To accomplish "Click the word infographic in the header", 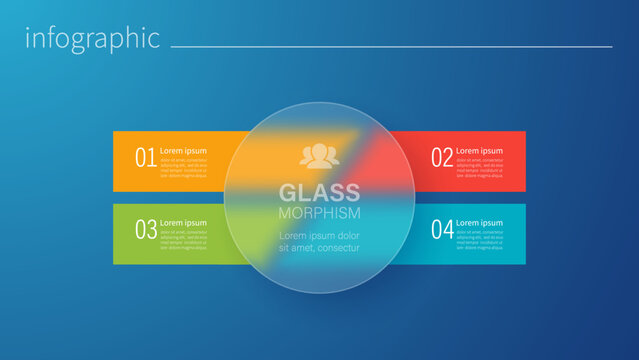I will click(x=92, y=39).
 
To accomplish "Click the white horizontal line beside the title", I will click(x=391, y=46).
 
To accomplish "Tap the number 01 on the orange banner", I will click(x=145, y=158).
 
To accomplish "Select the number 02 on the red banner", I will click(x=441, y=158).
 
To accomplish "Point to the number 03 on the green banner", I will click(x=145, y=230).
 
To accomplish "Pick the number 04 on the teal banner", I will click(x=441, y=230).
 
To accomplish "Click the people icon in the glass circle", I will click(x=319, y=155).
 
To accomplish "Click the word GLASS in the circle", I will click(x=319, y=192).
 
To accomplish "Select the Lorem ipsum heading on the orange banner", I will click(x=183, y=151).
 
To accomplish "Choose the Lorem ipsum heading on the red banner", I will click(x=479, y=151).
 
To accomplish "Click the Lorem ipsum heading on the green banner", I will click(x=183, y=223).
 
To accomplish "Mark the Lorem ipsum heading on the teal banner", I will click(x=479, y=223).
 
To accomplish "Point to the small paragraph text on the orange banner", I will click(x=183, y=167).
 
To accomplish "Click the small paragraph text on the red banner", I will click(x=479, y=167).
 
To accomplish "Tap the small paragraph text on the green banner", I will click(x=183, y=239).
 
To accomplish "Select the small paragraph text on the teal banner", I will click(x=479, y=239).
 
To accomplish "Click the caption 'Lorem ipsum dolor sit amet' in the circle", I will click(x=319, y=241).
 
